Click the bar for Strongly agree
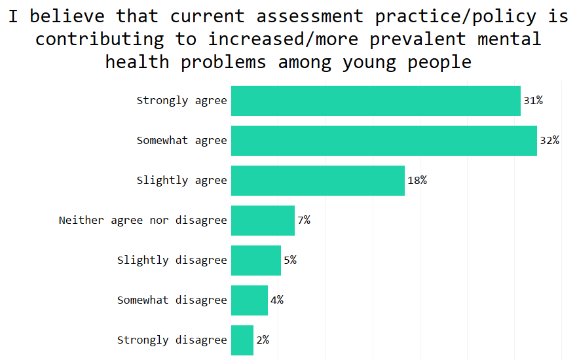375,101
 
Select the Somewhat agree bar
384,141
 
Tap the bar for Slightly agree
318,181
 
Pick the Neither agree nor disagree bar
263,221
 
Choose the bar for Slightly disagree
256,261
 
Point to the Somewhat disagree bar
250,300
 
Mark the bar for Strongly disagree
242,340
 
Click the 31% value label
533,101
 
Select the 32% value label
549,141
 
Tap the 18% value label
417,181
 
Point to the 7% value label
304,221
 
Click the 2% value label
263,340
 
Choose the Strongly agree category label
181,101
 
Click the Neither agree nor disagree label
143,221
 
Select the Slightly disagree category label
172,261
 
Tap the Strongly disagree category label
172,340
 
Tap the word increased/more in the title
284,39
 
